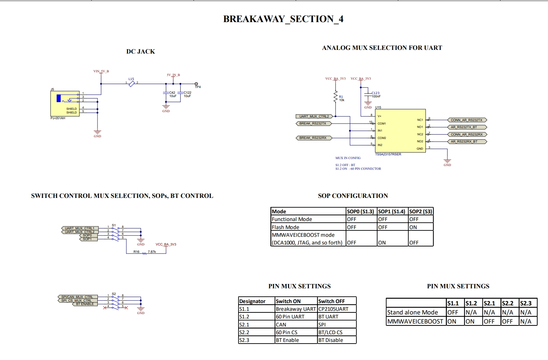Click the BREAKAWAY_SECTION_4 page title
click(283, 19)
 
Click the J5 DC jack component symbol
click(65, 103)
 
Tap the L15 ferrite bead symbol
click(131, 83)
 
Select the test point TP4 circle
click(196, 84)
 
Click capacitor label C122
click(187, 93)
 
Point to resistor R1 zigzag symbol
click(335, 97)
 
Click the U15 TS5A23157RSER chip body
click(400, 131)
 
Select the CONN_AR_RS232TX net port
click(467, 120)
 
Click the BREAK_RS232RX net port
click(313, 138)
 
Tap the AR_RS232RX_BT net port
click(467, 142)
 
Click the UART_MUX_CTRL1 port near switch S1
click(80, 228)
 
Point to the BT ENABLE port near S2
click(85, 304)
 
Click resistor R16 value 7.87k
click(152, 251)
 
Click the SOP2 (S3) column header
click(421, 211)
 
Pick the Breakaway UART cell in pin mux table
click(295, 309)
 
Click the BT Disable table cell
click(331, 340)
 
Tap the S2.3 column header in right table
click(526, 303)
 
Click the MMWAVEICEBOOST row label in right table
click(415, 321)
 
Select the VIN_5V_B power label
click(101, 71)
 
